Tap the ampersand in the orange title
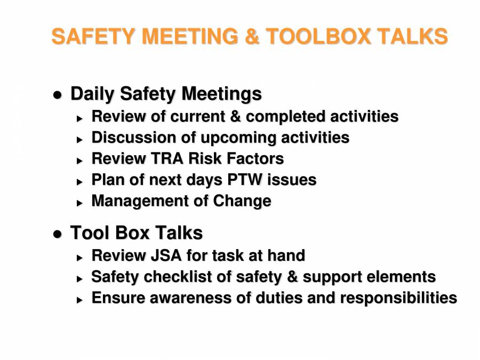pos(252,36)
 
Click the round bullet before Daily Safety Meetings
pos(58,95)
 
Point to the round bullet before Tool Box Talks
pos(58,234)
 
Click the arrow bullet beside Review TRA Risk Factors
pos(79,160)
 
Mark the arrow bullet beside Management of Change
pos(79,203)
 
